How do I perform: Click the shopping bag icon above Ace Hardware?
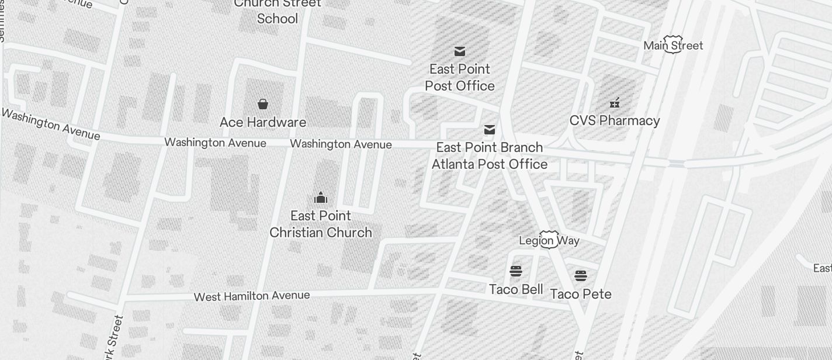(x=263, y=104)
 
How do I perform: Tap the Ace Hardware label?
(x=263, y=122)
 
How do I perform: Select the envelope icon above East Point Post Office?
(x=460, y=51)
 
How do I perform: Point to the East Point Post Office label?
(x=460, y=77)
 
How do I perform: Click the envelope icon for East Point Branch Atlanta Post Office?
(x=490, y=130)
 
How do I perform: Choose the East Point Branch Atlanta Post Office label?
(x=490, y=155)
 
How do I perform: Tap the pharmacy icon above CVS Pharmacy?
(x=615, y=103)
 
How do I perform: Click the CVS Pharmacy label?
(x=615, y=120)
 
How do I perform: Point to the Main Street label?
(x=673, y=45)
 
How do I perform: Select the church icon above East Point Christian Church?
(x=321, y=198)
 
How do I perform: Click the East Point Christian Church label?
(x=321, y=224)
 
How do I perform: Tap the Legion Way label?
(x=549, y=240)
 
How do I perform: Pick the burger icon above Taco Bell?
(x=515, y=271)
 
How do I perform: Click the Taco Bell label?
(x=516, y=289)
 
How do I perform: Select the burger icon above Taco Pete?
(x=580, y=276)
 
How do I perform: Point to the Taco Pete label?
(x=581, y=294)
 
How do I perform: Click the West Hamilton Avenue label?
(x=252, y=296)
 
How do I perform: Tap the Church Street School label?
(x=278, y=11)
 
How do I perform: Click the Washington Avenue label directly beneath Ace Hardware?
(x=216, y=143)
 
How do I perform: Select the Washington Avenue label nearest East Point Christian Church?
(x=341, y=144)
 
